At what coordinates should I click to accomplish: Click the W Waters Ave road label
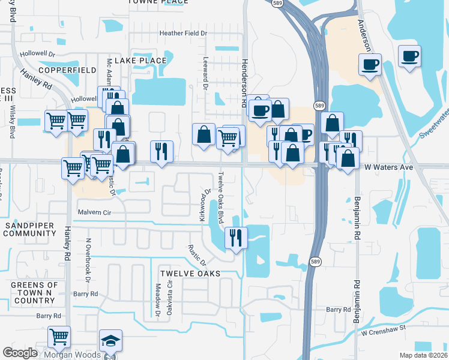(x=389, y=167)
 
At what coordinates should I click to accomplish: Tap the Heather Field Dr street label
(x=182, y=34)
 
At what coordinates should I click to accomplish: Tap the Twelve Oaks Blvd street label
(x=221, y=196)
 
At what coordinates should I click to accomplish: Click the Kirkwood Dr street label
(x=205, y=206)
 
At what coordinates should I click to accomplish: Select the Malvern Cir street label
(x=95, y=212)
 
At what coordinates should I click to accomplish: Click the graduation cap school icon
(x=110, y=341)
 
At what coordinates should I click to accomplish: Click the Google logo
(x=21, y=353)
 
